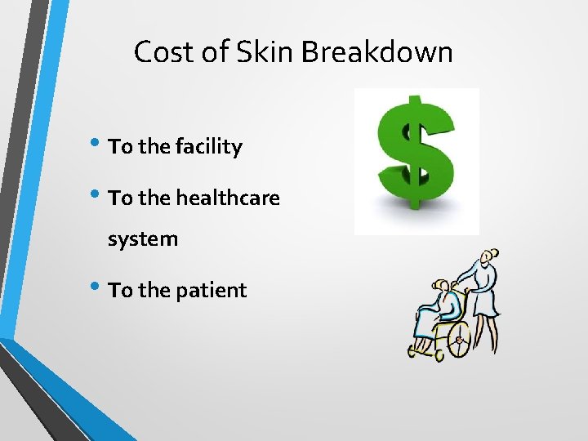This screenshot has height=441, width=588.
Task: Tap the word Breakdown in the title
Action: tap(376, 52)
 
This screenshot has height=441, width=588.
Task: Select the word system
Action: tap(143, 240)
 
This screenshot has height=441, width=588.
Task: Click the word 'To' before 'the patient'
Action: tap(120, 290)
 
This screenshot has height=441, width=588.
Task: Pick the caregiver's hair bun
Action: tap(492, 253)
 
